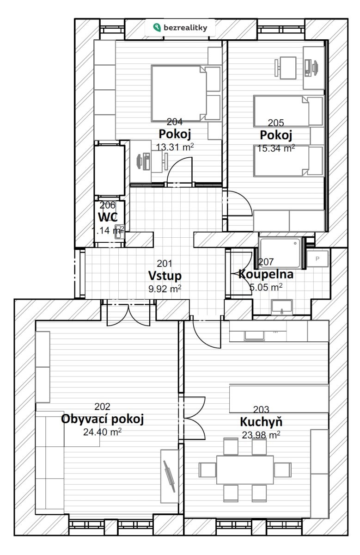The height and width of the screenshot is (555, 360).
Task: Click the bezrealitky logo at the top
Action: [x=180, y=27]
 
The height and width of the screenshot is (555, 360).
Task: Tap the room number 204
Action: [x=175, y=122]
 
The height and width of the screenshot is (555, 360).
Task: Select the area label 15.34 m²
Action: [x=276, y=148]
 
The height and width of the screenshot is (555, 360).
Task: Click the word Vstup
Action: [x=165, y=276]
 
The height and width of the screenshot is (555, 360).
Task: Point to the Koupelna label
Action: [x=266, y=274]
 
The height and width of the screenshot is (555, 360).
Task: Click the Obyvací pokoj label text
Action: [x=102, y=419]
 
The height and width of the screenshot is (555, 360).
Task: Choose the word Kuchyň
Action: [x=261, y=421]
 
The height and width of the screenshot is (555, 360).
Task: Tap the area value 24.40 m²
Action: [x=102, y=432]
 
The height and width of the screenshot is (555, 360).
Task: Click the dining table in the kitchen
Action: [x=245, y=470]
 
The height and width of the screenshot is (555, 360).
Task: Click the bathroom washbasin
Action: [x=282, y=307]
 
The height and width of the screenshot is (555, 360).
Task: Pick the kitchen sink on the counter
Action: [x=254, y=335]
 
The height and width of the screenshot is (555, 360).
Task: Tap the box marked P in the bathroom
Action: [x=317, y=259]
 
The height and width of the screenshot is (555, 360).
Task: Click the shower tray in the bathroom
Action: [x=280, y=253]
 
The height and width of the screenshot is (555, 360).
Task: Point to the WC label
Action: [x=108, y=217]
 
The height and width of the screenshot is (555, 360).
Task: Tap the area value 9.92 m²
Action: [x=165, y=289]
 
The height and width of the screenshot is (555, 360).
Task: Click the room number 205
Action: [x=276, y=123]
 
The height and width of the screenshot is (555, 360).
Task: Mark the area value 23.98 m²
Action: [x=261, y=435]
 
